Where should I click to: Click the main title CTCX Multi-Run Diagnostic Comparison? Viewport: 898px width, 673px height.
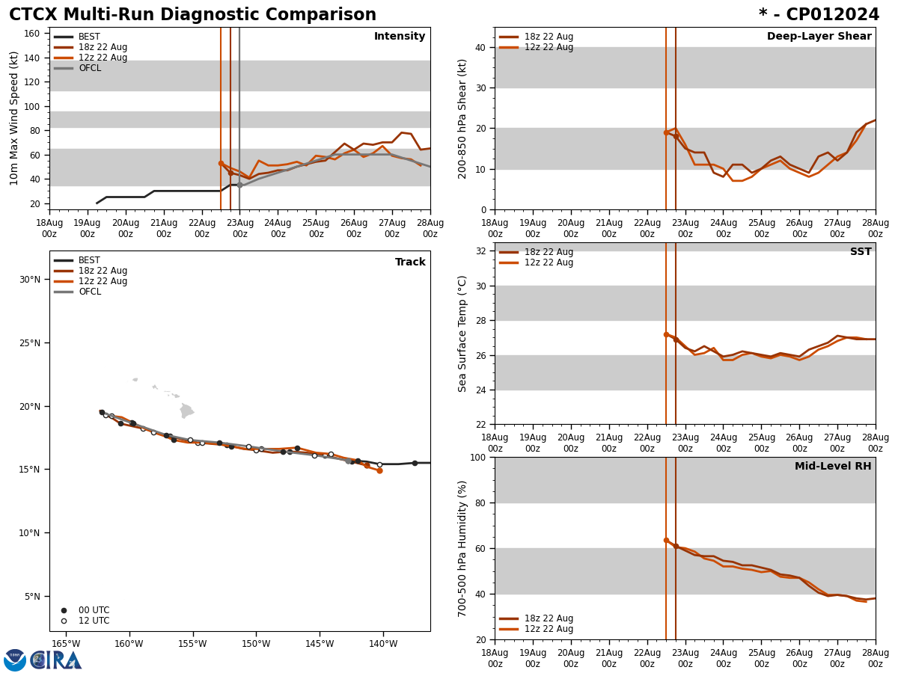(192, 15)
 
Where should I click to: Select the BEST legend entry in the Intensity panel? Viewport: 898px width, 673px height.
(88, 37)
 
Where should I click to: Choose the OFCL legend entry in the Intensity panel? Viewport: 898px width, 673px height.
(89, 68)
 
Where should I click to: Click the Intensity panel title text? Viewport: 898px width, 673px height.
(400, 37)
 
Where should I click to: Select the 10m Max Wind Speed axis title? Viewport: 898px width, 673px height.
(14, 118)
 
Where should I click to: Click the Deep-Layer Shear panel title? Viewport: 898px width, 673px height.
(819, 37)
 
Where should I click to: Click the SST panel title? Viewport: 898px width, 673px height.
(860, 252)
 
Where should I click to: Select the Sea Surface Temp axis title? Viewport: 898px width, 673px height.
(462, 334)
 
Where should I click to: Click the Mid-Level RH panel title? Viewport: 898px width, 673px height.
(833, 467)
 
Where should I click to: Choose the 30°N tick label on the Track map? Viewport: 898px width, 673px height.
(30, 280)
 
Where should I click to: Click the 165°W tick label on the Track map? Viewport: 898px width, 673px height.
(66, 644)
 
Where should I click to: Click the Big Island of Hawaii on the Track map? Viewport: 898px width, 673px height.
(187, 411)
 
